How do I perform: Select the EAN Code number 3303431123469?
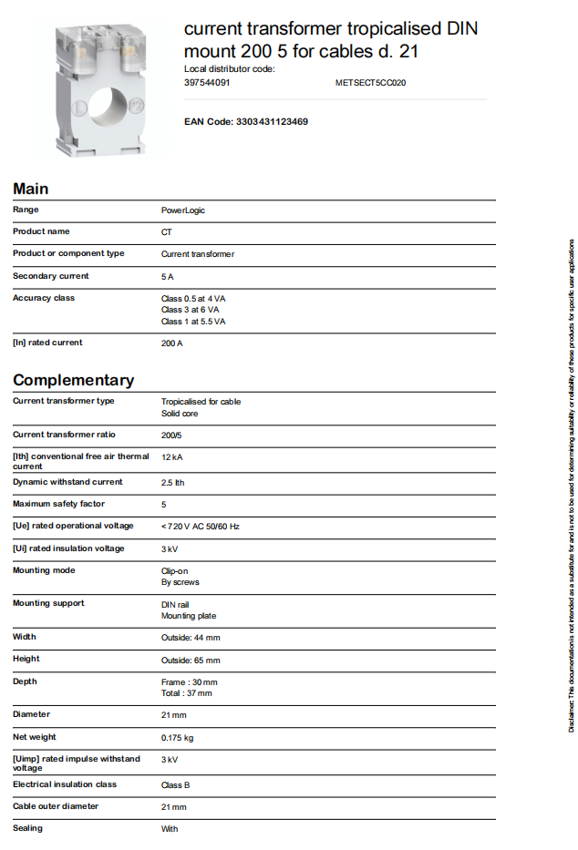click(x=272, y=121)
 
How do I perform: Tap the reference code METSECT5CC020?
click(x=370, y=82)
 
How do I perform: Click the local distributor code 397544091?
click(x=207, y=82)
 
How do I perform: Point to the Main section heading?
click(x=31, y=189)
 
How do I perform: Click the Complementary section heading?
click(x=73, y=380)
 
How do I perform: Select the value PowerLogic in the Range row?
click(x=183, y=210)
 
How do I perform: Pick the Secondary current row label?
click(x=51, y=276)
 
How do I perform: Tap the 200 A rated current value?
click(x=172, y=343)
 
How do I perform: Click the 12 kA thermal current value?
click(x=172, y=457)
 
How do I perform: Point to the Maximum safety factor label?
click(x=58, y=504)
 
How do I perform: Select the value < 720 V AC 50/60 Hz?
click(x=200, y=527)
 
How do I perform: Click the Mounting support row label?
click(x=48, y=603)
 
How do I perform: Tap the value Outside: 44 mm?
click(x=191, y=638)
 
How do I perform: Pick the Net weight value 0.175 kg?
click(x=177, y=737)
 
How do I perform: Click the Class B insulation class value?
click(x=175, y=785)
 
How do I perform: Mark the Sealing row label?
click(x=27, y=828)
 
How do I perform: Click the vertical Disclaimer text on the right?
click(x=571, y=483)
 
